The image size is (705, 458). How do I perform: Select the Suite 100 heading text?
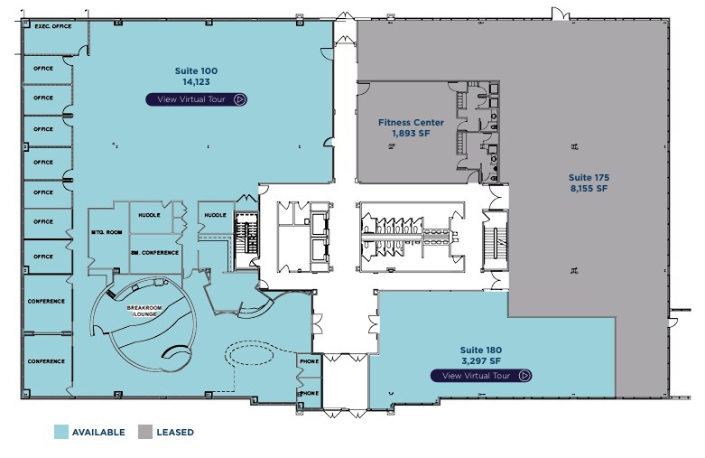[196, 70]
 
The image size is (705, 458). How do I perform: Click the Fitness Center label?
[409, 123]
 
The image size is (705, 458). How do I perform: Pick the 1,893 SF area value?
[409, 134]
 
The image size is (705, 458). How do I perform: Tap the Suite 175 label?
[588, 177]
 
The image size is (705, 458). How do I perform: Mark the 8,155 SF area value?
[588, 190]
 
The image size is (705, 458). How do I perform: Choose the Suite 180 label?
[480, 350]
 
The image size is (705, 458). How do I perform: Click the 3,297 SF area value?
[480, 361]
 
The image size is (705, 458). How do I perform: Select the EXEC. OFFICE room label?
[52, 27]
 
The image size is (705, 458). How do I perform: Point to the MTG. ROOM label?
[107, 233]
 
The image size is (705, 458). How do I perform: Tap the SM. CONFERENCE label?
[154, 252]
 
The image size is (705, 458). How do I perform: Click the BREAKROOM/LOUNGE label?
[143, 312]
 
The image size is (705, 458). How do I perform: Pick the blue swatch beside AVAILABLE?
[60, 432]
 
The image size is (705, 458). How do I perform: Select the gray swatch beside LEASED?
[145, 432]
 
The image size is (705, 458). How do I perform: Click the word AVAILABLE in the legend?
[99, 433]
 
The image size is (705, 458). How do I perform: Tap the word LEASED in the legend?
[176, 433]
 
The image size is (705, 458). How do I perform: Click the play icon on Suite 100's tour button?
[239, 99]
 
